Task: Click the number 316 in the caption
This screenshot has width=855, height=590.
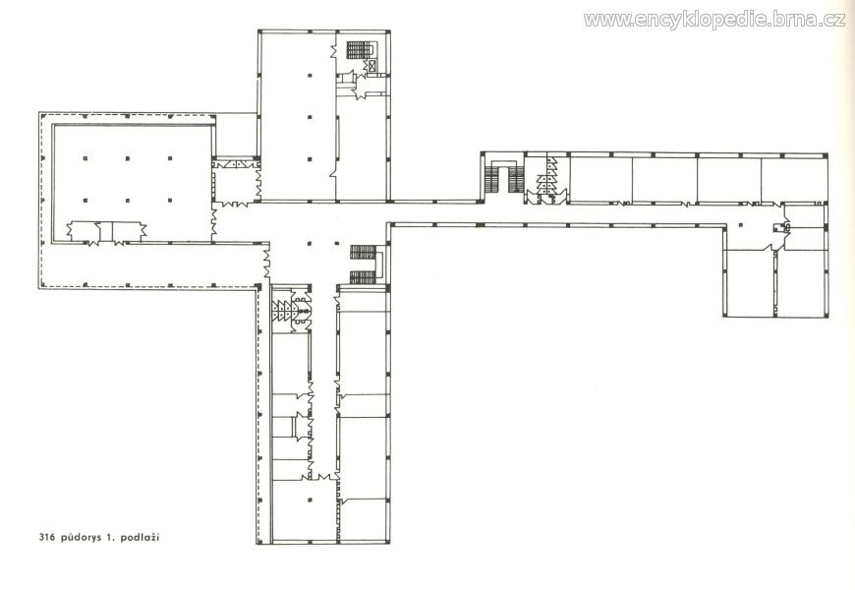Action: coord(48,538)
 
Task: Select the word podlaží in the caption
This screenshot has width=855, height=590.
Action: coord(141,538)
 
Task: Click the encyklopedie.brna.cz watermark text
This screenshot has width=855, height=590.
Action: coord(714,21)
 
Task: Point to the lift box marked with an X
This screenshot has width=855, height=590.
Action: coord(372,66)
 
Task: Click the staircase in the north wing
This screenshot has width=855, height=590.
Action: coord(360,49)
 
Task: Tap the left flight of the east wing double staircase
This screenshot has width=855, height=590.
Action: coord(492,180)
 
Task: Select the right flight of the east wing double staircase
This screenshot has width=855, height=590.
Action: coord(516,180)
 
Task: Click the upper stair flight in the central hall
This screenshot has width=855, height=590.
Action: coord(364,252)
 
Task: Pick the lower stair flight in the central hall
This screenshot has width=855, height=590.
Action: coord(364,277)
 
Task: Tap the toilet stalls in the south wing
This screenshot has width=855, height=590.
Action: coord(285,312)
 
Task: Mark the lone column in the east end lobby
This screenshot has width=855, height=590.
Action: coord(740,224)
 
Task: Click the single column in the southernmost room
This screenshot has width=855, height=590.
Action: coord(310,499)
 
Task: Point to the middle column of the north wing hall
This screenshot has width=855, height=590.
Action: coord(310,117)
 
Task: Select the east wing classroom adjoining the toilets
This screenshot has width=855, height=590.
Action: coord(600,179)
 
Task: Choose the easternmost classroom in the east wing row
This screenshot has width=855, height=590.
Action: coord(793,179)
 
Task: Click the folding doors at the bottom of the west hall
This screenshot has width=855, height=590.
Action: coord(107,232)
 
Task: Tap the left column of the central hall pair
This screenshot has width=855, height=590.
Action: coord(310,244)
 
